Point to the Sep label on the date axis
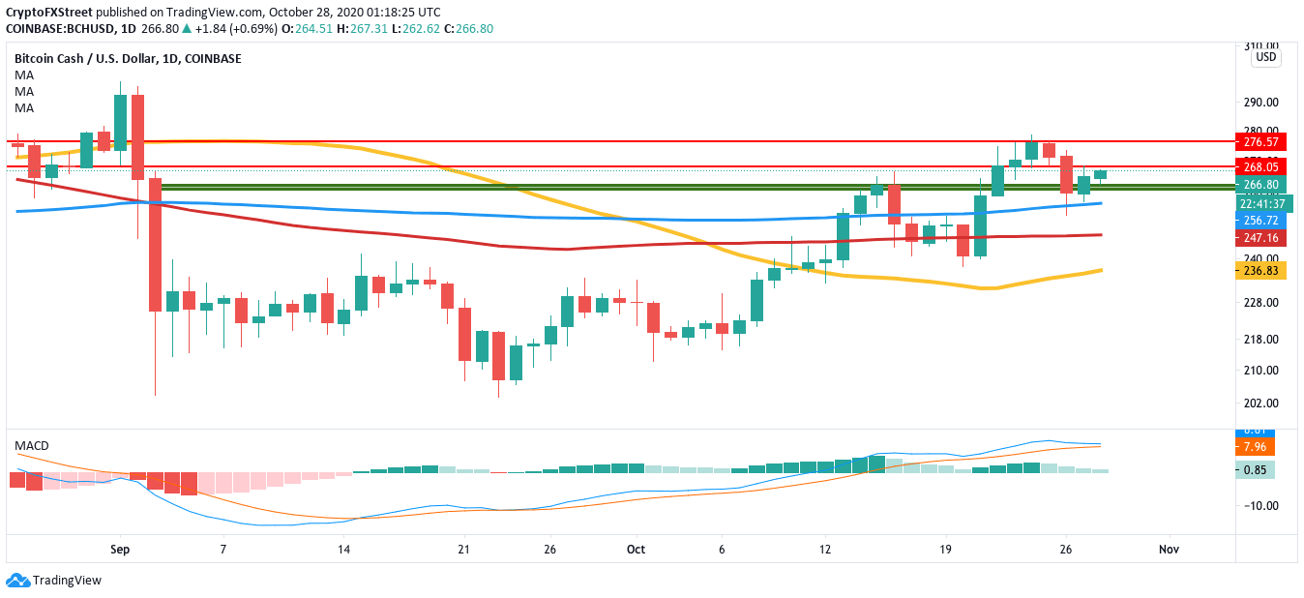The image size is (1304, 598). tap(120, 549)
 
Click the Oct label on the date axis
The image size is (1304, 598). tap(636, 549)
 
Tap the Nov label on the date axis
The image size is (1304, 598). tap(1169, 549)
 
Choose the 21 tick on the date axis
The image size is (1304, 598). tap(464, 549)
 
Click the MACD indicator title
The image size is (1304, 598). tap(31, 445)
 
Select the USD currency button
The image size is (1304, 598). tap(1265, 57)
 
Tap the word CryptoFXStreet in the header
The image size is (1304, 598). tap(45, 12)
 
